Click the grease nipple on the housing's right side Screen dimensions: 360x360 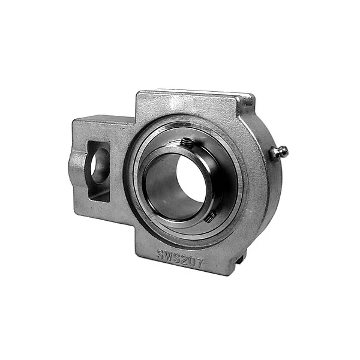[278, 152]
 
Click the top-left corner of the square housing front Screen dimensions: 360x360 [139, 95]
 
